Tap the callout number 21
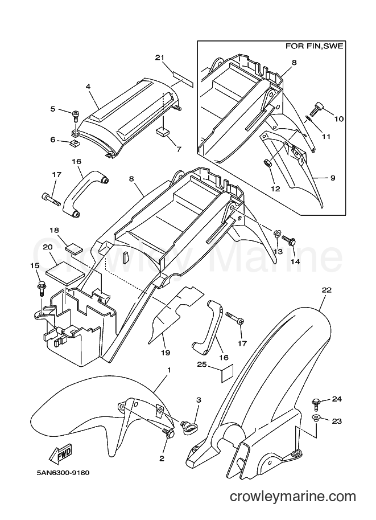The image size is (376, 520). click(x=160, y=58)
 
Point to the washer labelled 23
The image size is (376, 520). click(x=316, y=418)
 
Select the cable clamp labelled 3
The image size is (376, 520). click(x=188, y=426)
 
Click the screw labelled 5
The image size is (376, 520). click(x=75, y=117)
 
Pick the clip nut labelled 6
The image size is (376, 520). click(x=75, y=143)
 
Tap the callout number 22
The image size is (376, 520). click(x=327, y=290)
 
